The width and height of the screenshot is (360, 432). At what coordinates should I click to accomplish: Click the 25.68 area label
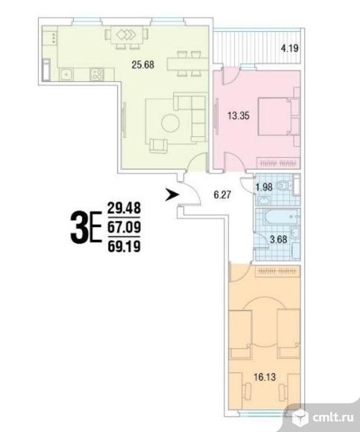click(143, 65)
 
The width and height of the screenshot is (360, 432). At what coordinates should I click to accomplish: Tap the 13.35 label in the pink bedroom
click(239, 115)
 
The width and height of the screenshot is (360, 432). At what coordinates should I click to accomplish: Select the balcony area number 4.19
click(289, 48)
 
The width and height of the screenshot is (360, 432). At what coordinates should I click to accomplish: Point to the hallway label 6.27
click(222, 195)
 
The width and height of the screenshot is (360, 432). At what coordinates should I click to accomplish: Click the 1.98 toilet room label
click(264, 188)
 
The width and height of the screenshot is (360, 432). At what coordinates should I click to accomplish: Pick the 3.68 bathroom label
click(279, 239)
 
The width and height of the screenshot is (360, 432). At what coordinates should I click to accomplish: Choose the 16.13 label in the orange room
click(265, 377)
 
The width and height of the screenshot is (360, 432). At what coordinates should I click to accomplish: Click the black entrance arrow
click(172, 195)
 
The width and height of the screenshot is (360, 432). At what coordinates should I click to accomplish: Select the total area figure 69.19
click(124, 247)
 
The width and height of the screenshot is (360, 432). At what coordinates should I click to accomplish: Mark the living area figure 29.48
click(124, 208)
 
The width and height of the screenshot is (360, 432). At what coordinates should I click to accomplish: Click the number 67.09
click(124, 227)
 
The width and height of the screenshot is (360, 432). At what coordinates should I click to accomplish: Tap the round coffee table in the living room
click(171, 123)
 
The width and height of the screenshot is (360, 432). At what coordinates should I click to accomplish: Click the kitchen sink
click(66, 74)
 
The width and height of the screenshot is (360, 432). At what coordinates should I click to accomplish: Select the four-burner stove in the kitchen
click(97, 74)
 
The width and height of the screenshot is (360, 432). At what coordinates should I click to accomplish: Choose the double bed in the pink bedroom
click(274, 116)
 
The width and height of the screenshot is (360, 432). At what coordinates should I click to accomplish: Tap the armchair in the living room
click(159, 146)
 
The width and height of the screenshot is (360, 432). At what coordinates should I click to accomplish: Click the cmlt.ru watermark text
click(333, 418)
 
